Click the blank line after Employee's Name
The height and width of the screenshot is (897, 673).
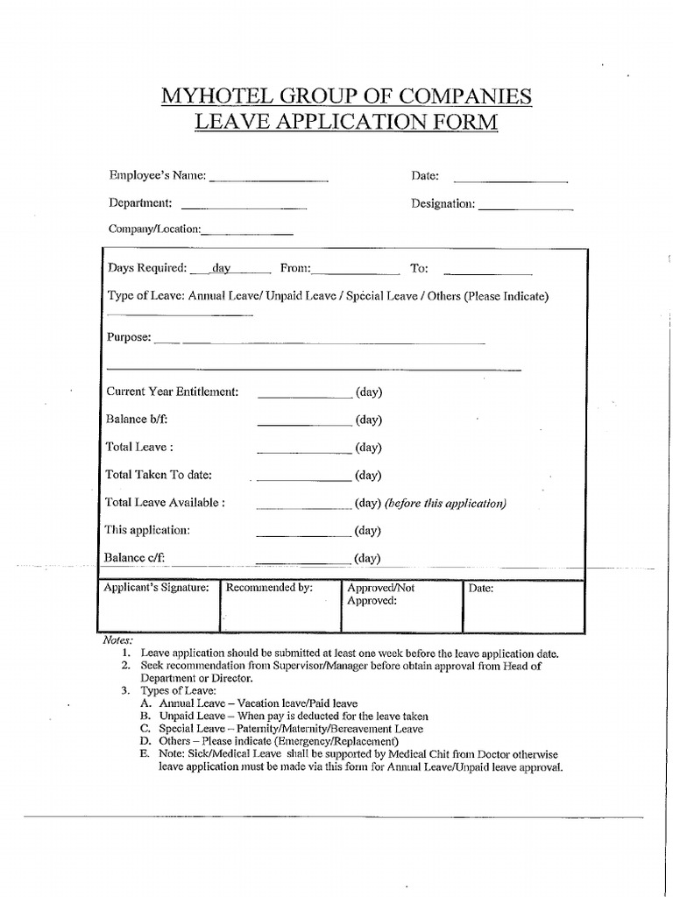268,180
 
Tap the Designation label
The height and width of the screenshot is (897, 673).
443,203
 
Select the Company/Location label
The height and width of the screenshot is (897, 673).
154,230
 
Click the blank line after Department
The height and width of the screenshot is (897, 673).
243,208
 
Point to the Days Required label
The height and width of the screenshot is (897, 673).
146,268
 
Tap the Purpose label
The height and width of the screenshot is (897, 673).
128,337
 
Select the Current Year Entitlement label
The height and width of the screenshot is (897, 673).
172,392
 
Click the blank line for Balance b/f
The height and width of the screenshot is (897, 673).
303,424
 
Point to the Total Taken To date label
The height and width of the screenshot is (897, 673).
159,475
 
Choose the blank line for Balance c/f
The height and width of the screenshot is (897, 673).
303,562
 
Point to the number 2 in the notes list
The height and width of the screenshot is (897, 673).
126,666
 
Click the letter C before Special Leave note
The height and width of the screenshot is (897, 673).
144,729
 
